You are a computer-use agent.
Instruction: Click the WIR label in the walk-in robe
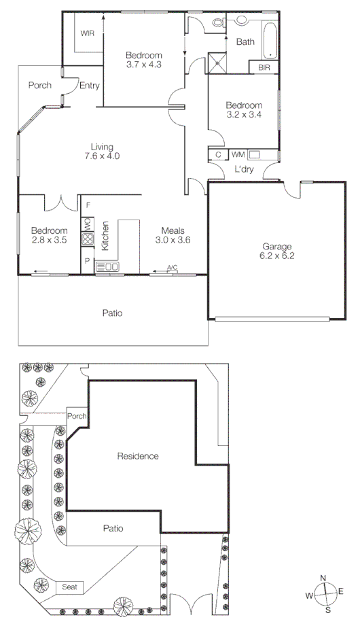pyautogui.click(x=87, y=33)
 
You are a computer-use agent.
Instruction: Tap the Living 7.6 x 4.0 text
pyautogui.click(x=103, y=151)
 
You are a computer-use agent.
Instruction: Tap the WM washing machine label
pyautogui.click(x=238, y=155)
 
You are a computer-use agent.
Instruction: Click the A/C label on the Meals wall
pyautogui.click(x=172, y=268)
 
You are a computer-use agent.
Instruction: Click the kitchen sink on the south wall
pyautogui.click(x=107, y=267)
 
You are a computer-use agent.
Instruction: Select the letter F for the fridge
pyautogui.click(x=88, y=204)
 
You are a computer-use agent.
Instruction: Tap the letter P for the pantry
pyautogui.click(x=88, y=260)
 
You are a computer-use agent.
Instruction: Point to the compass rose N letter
pyautogui.click(x=323, y=578)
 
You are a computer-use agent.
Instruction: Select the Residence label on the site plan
pyautogui.click(x=138, y=456)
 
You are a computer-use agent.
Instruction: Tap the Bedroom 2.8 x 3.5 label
pyautogui.click(x=50, y=235)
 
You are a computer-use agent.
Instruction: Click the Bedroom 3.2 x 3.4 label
pyautogui.click(x=244, y=110)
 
